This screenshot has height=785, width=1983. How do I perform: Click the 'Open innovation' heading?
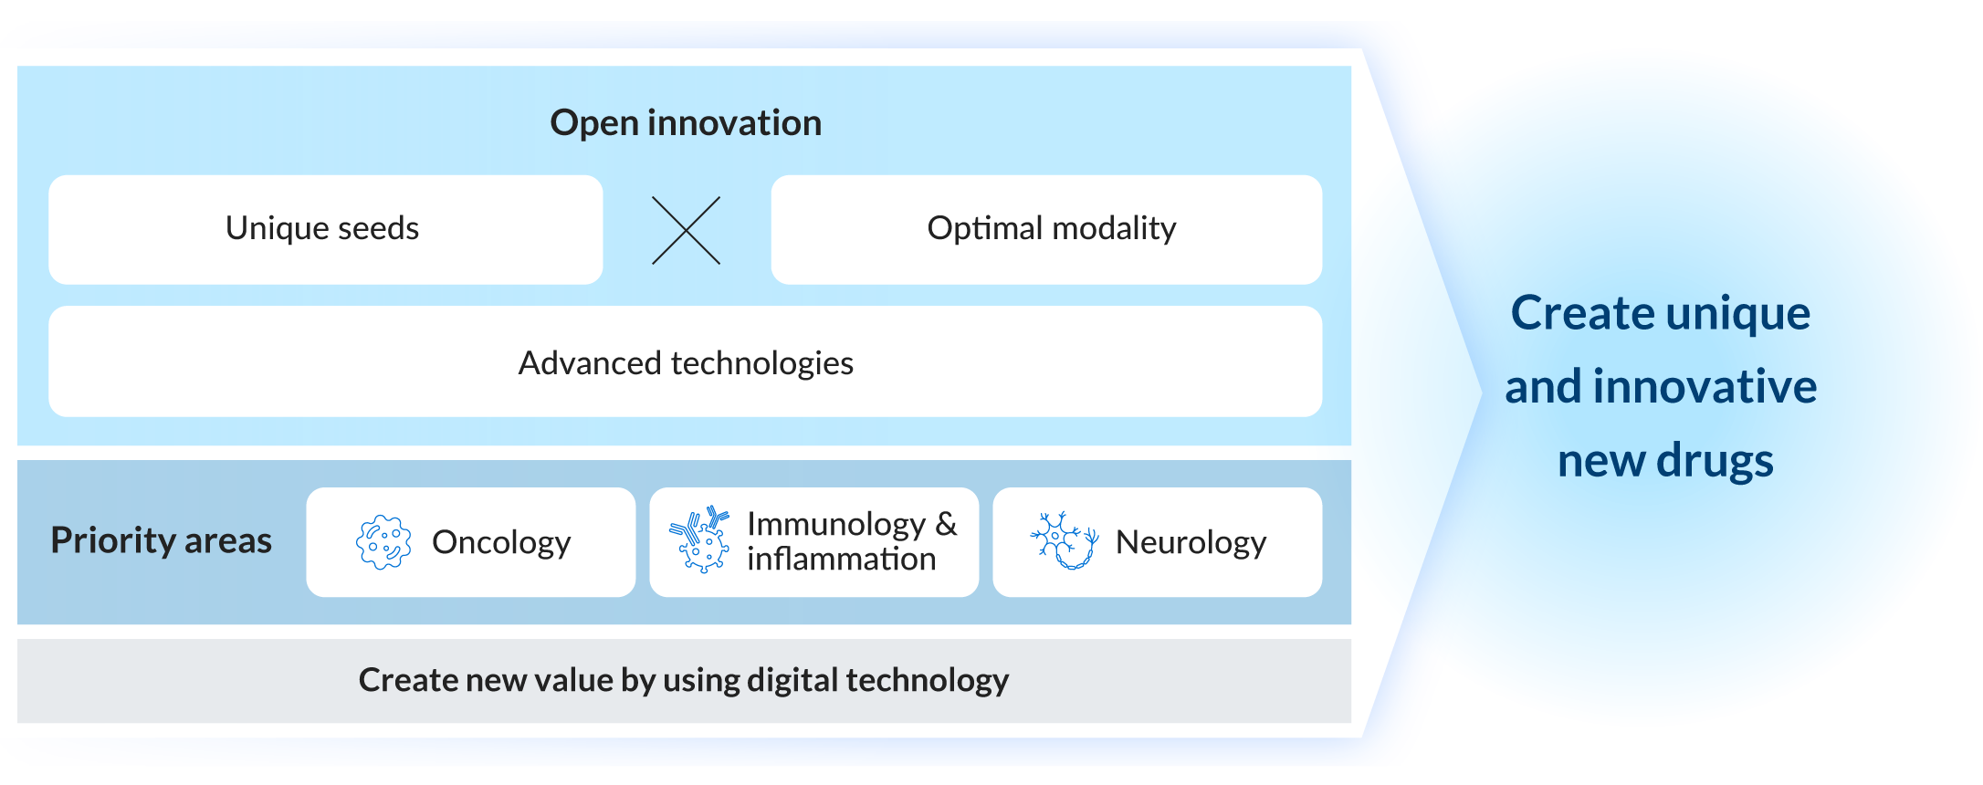tap(686, 123)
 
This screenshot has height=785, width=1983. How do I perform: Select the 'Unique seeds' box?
tap(324, 229)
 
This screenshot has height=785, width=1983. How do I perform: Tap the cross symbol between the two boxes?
tap(686, 231)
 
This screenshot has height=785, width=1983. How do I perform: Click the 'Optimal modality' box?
tap(1046, 229)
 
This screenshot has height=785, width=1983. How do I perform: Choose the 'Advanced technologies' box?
tap(685, 362)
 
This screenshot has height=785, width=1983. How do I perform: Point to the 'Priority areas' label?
tap(161, 540)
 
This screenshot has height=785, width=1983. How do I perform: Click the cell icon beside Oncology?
tap(383, 542)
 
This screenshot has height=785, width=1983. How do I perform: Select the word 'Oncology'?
tap(501, 542)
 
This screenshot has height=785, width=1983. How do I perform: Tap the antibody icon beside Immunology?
tap(699, 539)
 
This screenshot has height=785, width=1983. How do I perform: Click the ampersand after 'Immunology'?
tap(946, 524)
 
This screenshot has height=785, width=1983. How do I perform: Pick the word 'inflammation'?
tap(841, 559)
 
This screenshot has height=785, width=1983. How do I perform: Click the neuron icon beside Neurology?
tap(1064, 540)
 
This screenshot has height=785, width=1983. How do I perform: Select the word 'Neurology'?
tap(1191, 542)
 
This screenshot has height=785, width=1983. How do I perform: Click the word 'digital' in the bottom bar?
tap(792, 681)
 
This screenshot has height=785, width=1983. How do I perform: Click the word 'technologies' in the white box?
tap(762, 363)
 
